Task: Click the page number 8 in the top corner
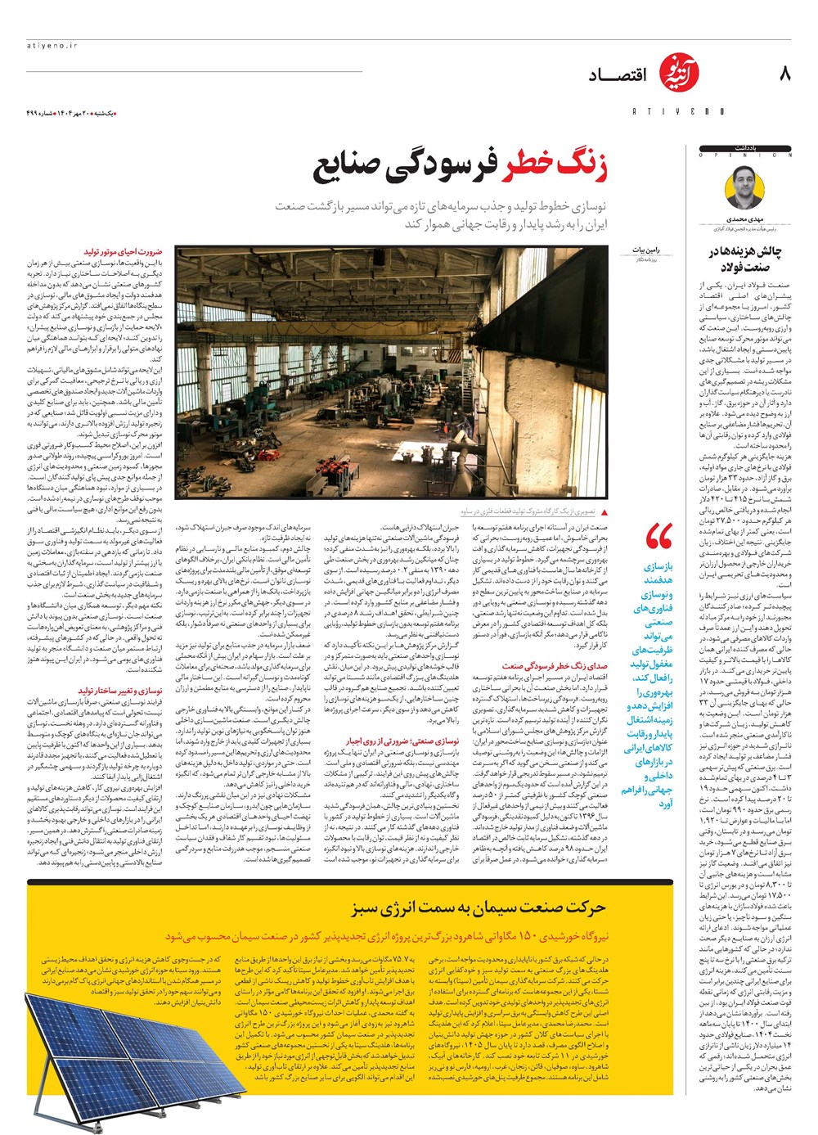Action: [x=785, y=74]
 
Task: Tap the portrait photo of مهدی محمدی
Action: [x=744, y=189]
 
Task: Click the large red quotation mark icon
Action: [x=658, y=538]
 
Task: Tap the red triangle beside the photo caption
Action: [x=604, y=511]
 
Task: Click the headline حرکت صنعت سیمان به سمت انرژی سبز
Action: [x=479, y=907]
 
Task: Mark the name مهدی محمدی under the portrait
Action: [x=744, y=220]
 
